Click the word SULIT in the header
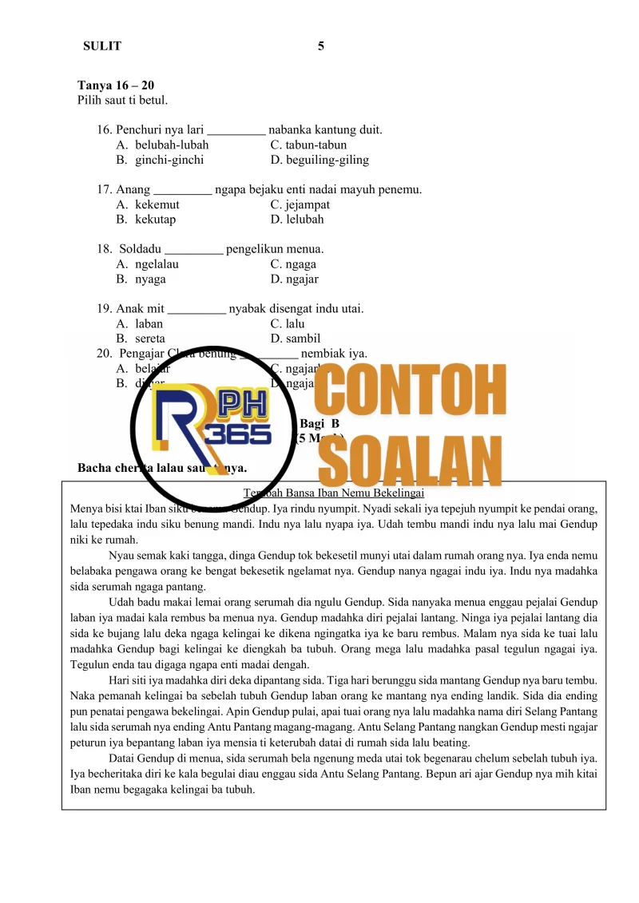[x=102, y=46]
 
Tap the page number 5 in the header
[x=321, y=46]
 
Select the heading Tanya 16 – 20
[x=116, y=85]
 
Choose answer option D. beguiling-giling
[x=319, y=160]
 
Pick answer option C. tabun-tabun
[x=308, y=145]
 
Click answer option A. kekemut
[x=148, y=205]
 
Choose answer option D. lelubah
[x=297, y=220]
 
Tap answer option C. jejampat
[x=300, y=205]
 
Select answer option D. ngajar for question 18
[x=295, y=279]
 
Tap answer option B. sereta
[x=141, y=339]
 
